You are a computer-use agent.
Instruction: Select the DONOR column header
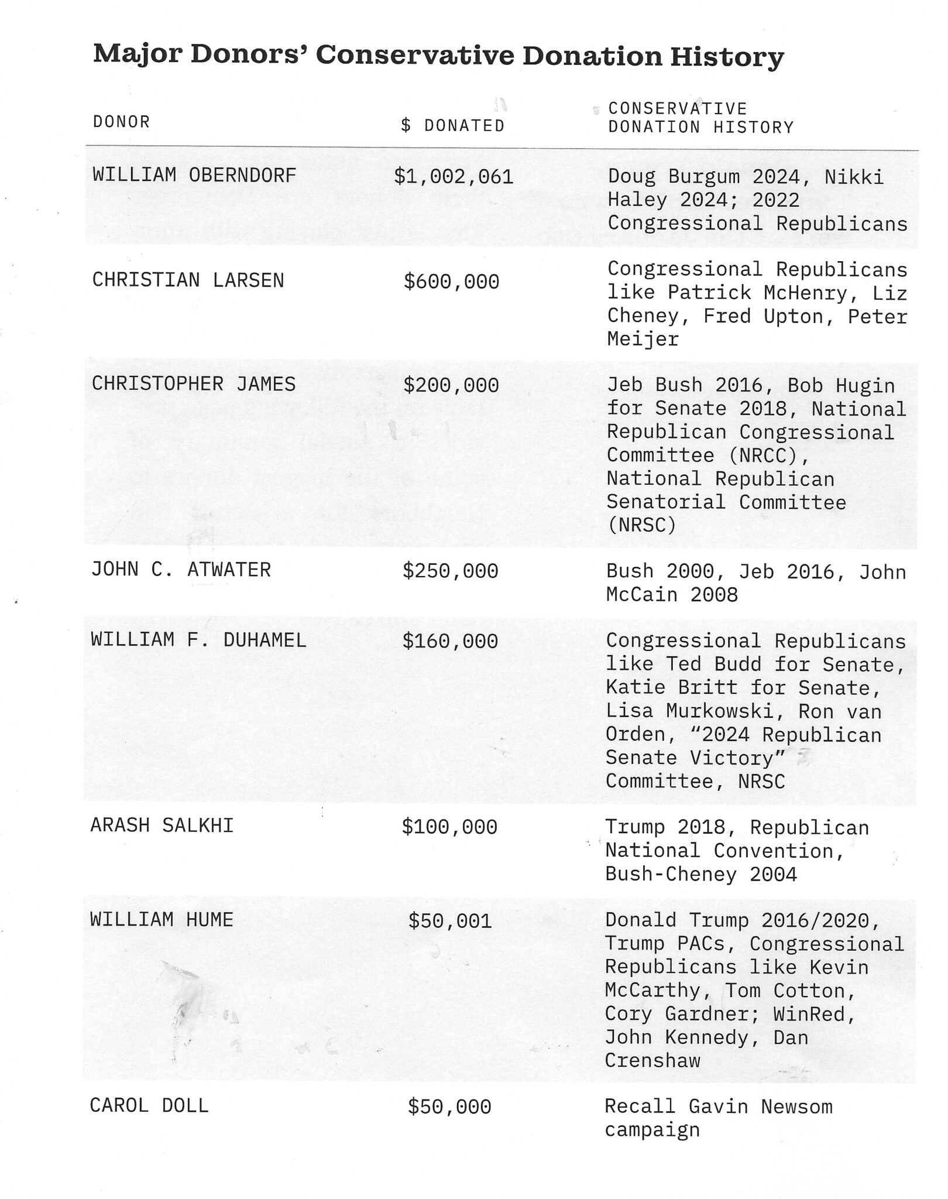click(121, 122)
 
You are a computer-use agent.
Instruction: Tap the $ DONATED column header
click(452, 126)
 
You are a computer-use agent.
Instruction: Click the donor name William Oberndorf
click(194, 175)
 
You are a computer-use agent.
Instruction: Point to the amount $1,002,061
click(454, 176)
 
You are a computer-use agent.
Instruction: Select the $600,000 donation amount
click(451, 282)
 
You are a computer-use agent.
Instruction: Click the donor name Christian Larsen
click(188, 280)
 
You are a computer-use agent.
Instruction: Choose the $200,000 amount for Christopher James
click(451, 385)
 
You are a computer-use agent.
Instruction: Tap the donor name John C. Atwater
click(181, 570)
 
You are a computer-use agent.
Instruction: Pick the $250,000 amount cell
click(450, 571)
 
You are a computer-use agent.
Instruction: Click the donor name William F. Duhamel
click(198, 639)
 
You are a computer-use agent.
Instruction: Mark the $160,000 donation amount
click(450, 641)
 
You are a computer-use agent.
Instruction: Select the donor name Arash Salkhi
click(162, 825)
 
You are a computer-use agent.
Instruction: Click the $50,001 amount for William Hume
click(449, 921)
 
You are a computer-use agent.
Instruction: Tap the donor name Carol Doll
click(149, 1106)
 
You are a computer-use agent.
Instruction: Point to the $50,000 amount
click(449, 1106)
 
